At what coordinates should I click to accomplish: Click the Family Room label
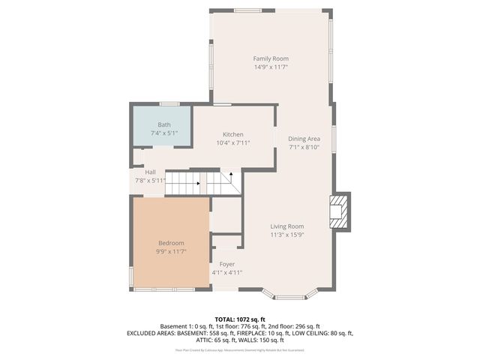tap(270, 58)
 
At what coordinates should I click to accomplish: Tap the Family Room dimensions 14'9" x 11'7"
tap(270, 67)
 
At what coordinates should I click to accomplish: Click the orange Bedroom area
tap(171, 241)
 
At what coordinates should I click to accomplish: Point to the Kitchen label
tap(232, 134)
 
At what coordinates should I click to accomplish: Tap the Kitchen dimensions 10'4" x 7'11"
tap(232, 142)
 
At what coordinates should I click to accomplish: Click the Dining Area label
tap(304, 139)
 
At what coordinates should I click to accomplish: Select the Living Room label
tap(286, 226)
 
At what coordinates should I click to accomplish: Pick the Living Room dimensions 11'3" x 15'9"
tap(286, 235)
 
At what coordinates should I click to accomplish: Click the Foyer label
tap(226, 264)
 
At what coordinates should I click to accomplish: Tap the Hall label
tap(151, 172)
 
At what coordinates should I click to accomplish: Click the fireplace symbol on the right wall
tap(340, 211)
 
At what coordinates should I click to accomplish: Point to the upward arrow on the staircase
tap(232, 174)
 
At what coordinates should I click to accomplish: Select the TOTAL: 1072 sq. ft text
tap(240, 319)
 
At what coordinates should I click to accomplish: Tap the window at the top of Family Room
tap(247, 10)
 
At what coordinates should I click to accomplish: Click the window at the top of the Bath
tap(169, 103)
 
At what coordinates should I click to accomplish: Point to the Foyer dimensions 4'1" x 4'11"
tap(226, 272)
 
